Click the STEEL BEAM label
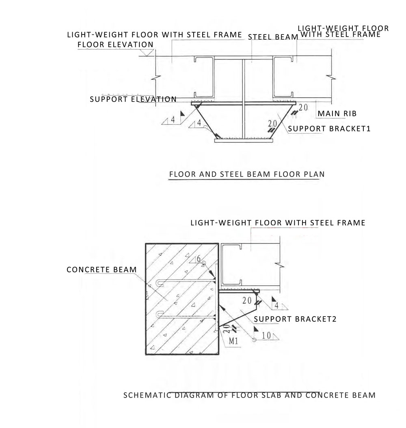(x=272, y=37)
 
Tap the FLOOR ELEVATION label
(x=115, y=45)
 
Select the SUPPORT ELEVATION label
(x=133, y=99)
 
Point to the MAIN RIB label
(x=337, y=113)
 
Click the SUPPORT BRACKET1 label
(x=329, y=128)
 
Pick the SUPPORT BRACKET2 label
(x=295, y=319)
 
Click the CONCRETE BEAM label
(x=101, y=270)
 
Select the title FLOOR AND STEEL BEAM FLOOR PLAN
(x=246, y=174)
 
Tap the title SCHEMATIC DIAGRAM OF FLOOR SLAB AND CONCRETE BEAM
(x=249, y=395)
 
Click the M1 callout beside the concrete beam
(x=233, y=341)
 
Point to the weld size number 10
(x=266, y=336)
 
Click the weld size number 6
(x=199, y=259)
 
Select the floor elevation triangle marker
(x=147, y=53)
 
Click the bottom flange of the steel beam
(x=243, y=141)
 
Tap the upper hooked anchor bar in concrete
(x=186, y=282)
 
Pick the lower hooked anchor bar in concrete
(x=186, y=315)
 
